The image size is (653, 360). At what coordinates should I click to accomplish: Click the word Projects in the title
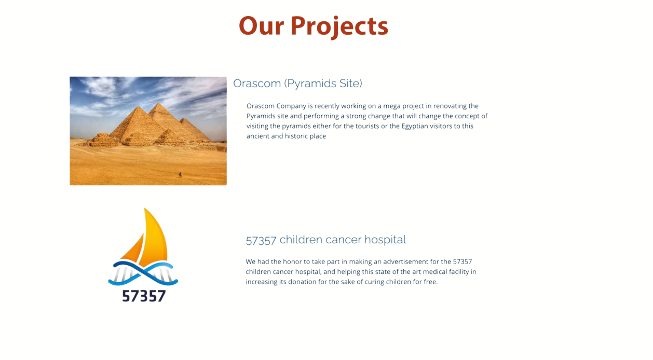(339, 26)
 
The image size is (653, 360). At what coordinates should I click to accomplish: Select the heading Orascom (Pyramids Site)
(297, 84)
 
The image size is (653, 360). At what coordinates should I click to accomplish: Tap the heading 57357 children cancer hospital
(325, 240)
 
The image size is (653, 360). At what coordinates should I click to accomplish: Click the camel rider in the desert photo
(180, 174)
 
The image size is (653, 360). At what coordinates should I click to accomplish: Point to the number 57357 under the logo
(144, 296)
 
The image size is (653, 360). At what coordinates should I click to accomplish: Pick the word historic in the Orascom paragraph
(295, 136)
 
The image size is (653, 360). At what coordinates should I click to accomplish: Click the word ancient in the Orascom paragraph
(257, 136)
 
